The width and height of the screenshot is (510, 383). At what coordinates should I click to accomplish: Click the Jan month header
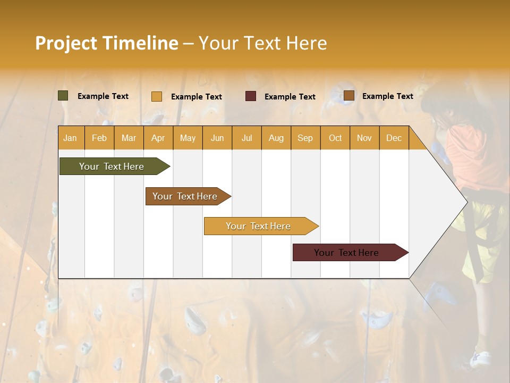point(70,138)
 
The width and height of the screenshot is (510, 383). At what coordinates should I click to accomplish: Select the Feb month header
point(99,138)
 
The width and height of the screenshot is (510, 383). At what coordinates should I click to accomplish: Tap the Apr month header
point(158,138)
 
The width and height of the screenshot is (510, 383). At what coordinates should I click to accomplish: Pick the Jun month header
point(217,138)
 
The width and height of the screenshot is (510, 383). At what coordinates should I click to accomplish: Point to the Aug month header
point(276,138)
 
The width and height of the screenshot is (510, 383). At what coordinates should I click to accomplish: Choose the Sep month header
point(305,138)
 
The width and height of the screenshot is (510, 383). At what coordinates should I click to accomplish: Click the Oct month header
point(335,138)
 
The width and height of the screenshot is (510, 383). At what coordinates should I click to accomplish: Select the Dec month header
point(394,138)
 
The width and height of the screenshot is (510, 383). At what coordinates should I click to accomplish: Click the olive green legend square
point(63,96)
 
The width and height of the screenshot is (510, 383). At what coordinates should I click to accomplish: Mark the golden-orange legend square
point(157,96)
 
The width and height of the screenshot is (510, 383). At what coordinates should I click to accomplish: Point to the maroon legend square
point(251,96)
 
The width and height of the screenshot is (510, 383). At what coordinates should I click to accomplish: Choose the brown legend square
point(349,96)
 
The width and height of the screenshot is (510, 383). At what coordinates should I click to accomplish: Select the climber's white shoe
point(480,359)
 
